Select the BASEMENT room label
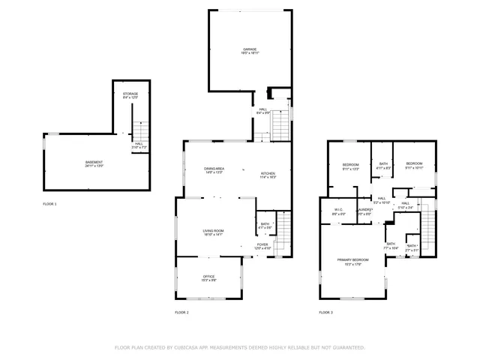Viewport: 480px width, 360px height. pos(94,163)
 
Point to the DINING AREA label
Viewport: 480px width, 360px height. pos(214,169)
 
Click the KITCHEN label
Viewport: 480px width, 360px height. pos(268,174)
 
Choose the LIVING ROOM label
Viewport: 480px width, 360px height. pos(214,231)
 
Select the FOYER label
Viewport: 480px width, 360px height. pos(262,245)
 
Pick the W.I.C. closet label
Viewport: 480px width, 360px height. pos(338,211)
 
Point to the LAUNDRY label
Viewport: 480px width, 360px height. pos(364,211)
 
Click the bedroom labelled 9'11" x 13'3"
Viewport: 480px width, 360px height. pos(350,165)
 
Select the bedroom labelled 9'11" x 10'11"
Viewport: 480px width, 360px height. pos(415,165)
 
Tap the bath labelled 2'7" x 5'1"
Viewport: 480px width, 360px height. pos(412,247)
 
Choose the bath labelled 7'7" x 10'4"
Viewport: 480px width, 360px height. pos(391,245)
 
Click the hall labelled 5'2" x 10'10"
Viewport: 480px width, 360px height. pos(382,200)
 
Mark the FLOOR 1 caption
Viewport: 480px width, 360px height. pos(49,203)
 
